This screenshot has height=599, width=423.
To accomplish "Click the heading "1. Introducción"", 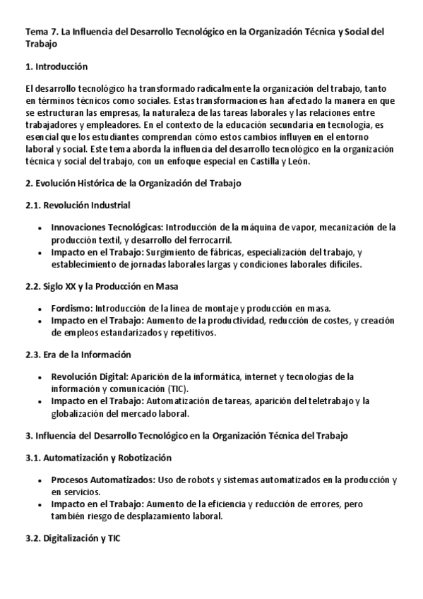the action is point(56,66).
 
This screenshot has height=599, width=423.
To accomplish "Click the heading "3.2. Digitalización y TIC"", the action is point(73,538).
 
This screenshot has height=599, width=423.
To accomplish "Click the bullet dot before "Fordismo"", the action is point(40,309).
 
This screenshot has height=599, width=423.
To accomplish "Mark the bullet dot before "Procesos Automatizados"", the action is point(40,481).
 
